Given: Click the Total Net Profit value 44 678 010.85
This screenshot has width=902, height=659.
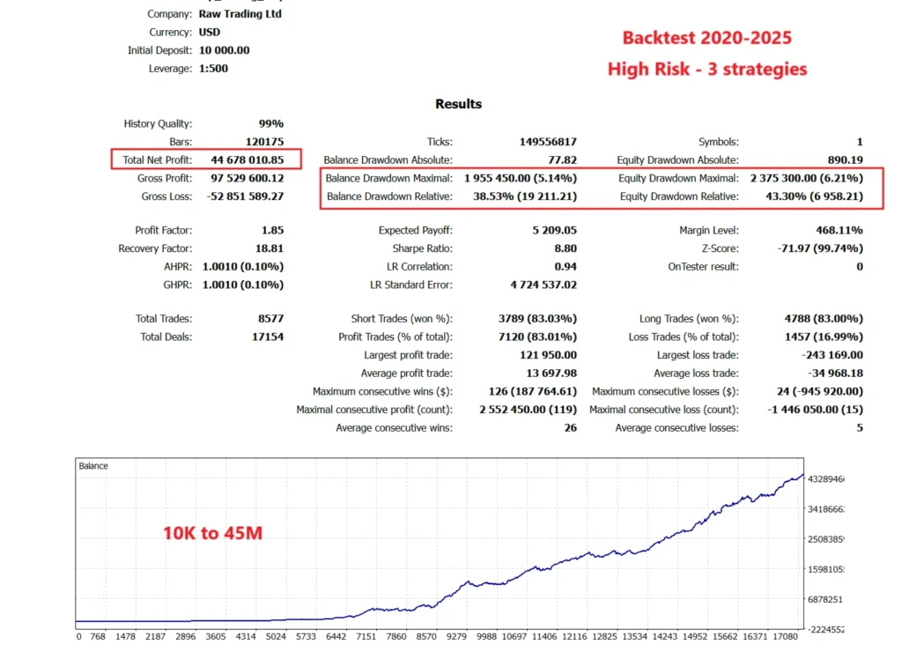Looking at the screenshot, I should [x=247, y=159].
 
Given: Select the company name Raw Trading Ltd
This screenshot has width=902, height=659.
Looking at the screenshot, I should [x=240, y=14].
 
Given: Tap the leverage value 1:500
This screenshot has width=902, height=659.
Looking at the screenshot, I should [x=213, y=69].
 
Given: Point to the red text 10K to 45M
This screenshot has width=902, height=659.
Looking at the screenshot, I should [x=212, y=532].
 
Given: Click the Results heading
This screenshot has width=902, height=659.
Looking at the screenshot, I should [x=458, y=104].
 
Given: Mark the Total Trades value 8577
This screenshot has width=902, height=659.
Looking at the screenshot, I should [x=268, y=319].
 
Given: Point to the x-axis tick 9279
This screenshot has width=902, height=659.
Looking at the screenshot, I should [x=456, y=636].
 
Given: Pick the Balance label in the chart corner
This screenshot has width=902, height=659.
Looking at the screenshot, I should [x=93, y=465].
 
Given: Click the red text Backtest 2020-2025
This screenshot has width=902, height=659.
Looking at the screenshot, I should [x=706, y=38].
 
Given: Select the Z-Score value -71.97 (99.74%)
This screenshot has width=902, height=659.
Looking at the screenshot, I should [x=816, y=249].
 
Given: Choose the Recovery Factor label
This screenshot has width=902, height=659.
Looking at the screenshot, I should [x=155, y=249].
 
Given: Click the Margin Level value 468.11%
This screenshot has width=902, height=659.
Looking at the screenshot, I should [x=839, y=231].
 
